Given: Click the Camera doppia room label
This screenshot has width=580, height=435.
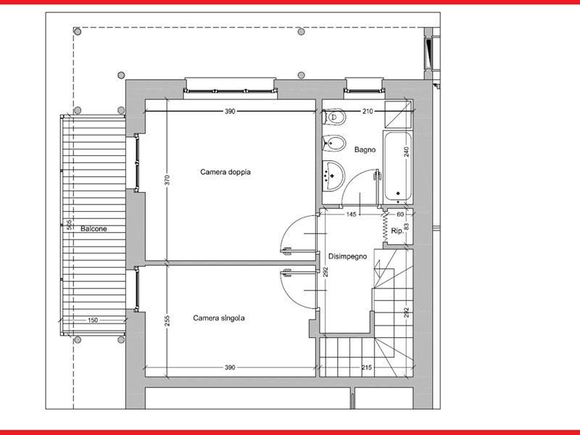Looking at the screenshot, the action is coord(225,172).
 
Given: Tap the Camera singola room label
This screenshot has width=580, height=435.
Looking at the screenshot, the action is coord(219,318).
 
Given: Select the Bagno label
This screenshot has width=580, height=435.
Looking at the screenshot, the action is coord(365,150).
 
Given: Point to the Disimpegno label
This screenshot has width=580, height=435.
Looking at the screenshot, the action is coord(348,257).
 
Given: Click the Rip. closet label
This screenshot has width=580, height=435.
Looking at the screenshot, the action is coord(397,231).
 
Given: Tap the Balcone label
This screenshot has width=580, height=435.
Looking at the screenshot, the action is coord(94,228).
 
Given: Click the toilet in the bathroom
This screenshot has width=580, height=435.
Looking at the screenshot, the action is coord(334,117).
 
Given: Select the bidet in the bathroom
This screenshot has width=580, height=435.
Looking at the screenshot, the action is coord(333,143).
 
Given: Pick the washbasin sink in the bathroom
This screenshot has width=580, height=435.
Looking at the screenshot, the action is coord(333,175).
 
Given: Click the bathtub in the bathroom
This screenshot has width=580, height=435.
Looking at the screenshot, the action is coord(397,167).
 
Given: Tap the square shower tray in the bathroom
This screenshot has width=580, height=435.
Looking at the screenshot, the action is coord(398,115).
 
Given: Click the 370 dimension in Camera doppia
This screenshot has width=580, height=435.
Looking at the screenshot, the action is coord(167,180).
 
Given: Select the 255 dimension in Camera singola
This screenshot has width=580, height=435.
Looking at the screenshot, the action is coord(167,320).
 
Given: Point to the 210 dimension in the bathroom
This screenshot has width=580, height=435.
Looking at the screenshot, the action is coord(368,111).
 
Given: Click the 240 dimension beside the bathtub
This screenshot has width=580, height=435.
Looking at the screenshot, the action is coord(407,152).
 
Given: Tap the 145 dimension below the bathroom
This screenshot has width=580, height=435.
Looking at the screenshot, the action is coord(351,214).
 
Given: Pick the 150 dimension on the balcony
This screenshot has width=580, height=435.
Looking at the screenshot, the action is coord(93,320).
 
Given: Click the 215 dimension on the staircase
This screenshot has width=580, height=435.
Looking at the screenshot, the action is coord(367,368).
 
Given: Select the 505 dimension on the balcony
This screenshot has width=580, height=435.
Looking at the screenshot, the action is coord(69,225).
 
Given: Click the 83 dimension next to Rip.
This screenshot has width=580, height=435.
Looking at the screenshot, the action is coord(407,226).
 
